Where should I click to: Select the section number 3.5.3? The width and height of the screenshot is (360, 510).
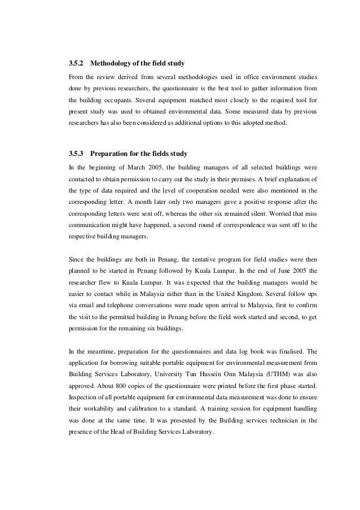click(x=76, y=152)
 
